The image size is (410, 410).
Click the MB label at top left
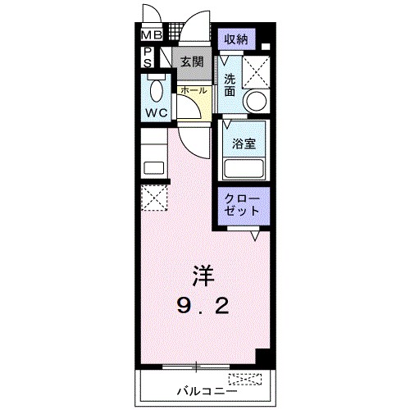pyautogui.click(x=151, y=35)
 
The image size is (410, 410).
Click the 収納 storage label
pyautogui.click(x=235, y=39)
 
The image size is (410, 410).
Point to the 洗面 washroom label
pyautogui.click(x=230, y=85)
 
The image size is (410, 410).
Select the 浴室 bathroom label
pyautogui.click(x=244, y=143)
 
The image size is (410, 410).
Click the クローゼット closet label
pyautogui.click(x=242, y=203)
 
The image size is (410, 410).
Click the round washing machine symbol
pyautogui.click(x=257, y=102)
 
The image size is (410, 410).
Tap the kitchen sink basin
pyautogui.click(x=153, y=167)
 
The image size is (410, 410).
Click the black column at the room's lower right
pyautogui.click(x=262, y=358)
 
